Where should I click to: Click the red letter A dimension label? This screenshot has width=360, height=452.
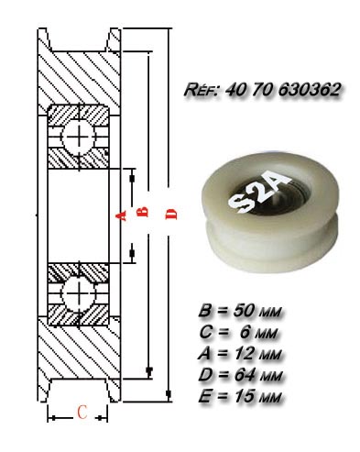121,215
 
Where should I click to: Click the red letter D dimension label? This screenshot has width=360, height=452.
171,215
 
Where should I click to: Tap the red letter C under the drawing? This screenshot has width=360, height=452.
82,412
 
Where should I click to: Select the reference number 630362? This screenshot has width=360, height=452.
309,90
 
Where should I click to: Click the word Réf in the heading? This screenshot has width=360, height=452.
201,90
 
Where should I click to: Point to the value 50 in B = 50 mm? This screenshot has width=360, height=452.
244,311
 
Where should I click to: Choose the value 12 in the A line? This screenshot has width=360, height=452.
244,354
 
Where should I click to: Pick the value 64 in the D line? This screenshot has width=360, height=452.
245,375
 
